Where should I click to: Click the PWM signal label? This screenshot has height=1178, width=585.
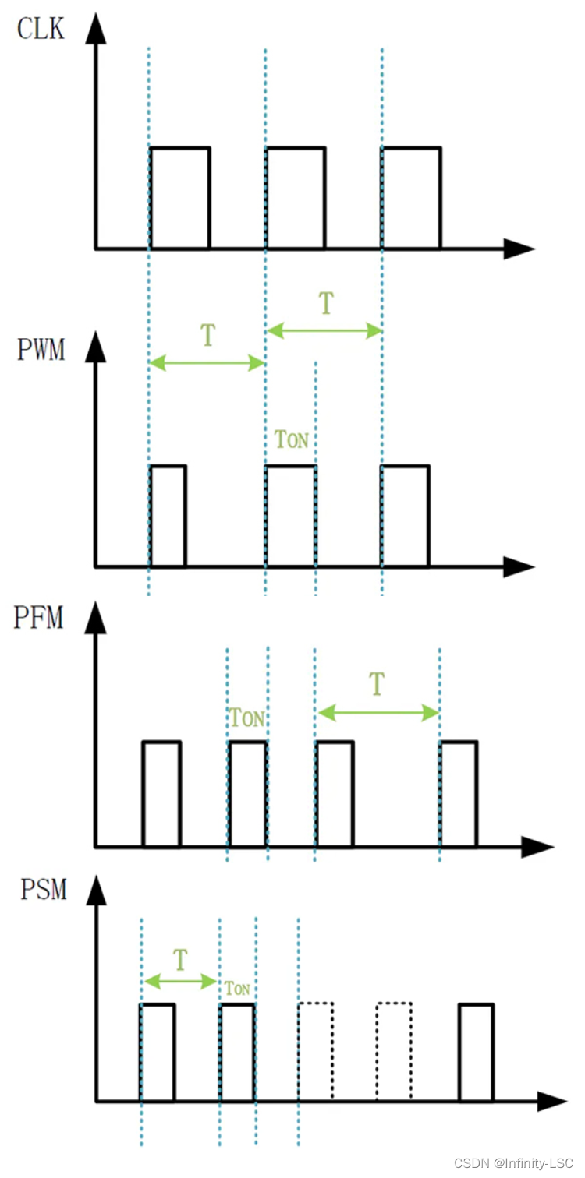tap(41, 349)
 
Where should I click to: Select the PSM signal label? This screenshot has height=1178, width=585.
tap(44, 889)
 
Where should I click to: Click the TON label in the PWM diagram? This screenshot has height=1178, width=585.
tap(292, 439)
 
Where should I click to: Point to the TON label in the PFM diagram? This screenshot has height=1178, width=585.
tap(247, 718)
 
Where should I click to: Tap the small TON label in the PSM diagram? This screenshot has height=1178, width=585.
tap(237, 989)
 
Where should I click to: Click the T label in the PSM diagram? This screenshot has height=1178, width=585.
tap(180, 959)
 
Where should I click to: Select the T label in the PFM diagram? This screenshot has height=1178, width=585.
tap(378, 683)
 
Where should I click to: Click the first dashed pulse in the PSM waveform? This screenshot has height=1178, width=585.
tap(316, 1051)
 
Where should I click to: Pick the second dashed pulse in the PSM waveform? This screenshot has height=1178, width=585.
tap(393, 1051)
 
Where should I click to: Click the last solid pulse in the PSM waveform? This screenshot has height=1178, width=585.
tap(476, 1051)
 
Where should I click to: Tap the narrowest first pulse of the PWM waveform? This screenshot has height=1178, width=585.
tap(168, 516)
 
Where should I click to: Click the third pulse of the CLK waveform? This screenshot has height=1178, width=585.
tap(411, 198)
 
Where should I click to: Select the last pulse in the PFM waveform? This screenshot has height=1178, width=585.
tap(459, 793)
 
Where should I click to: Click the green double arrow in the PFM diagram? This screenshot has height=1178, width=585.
tap(378, 712)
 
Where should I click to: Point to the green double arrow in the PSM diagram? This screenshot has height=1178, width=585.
tap(179, 981)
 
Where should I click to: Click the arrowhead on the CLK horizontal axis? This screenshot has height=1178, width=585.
tap(520, 249)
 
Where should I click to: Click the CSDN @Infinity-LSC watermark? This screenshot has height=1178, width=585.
tap(513, 1162)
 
